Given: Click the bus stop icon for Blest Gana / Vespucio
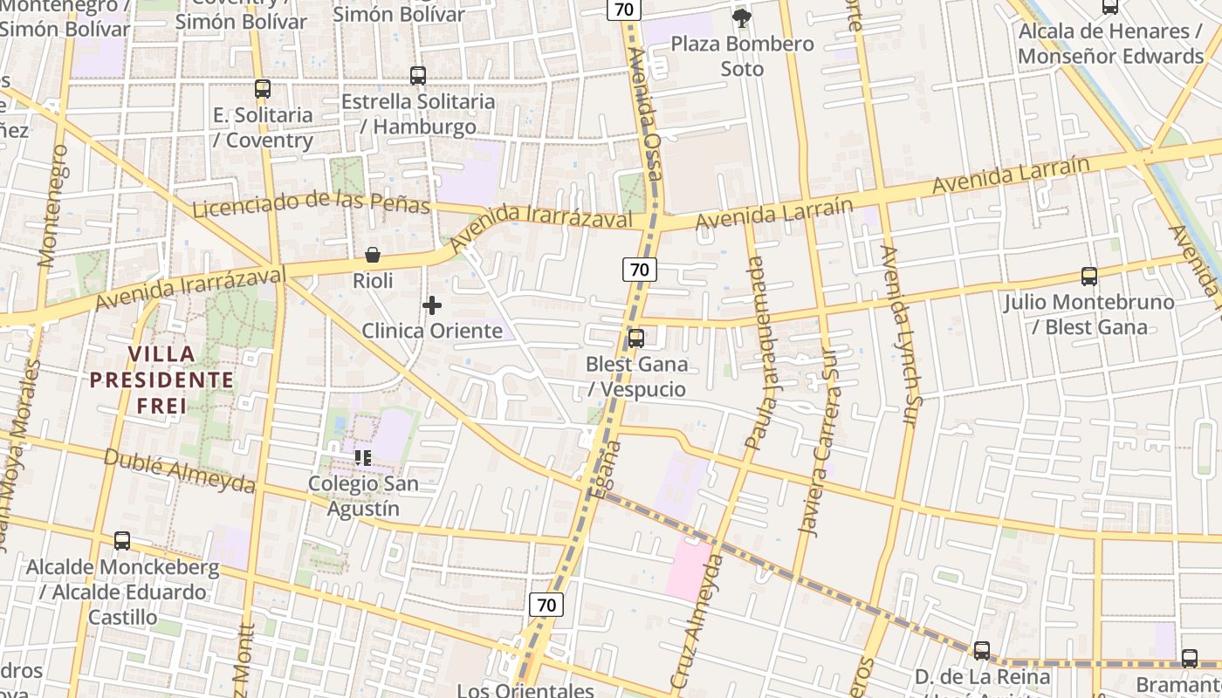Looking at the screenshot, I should point(636,339).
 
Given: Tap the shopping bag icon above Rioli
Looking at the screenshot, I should point(373,255).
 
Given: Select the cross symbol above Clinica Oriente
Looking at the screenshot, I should point(432,305).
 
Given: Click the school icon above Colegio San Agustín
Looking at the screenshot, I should point(363,457).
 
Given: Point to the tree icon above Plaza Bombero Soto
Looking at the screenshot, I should point(742,17).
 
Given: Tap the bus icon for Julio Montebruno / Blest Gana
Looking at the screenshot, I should point(1089,277).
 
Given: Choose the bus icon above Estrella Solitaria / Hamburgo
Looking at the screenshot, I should point(418,76).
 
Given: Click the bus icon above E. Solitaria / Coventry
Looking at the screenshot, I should point(263,88).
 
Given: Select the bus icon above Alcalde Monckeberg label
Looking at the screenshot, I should point(122,541).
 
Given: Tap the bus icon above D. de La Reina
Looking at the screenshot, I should point(982,651).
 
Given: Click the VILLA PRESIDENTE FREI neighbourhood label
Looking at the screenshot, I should point(161,380).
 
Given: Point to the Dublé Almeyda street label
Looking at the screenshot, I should point(179,471).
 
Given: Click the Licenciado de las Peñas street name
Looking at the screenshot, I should point(311,202).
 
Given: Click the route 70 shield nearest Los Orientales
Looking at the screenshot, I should point(546,605).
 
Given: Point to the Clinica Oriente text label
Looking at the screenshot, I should point(432,331).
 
